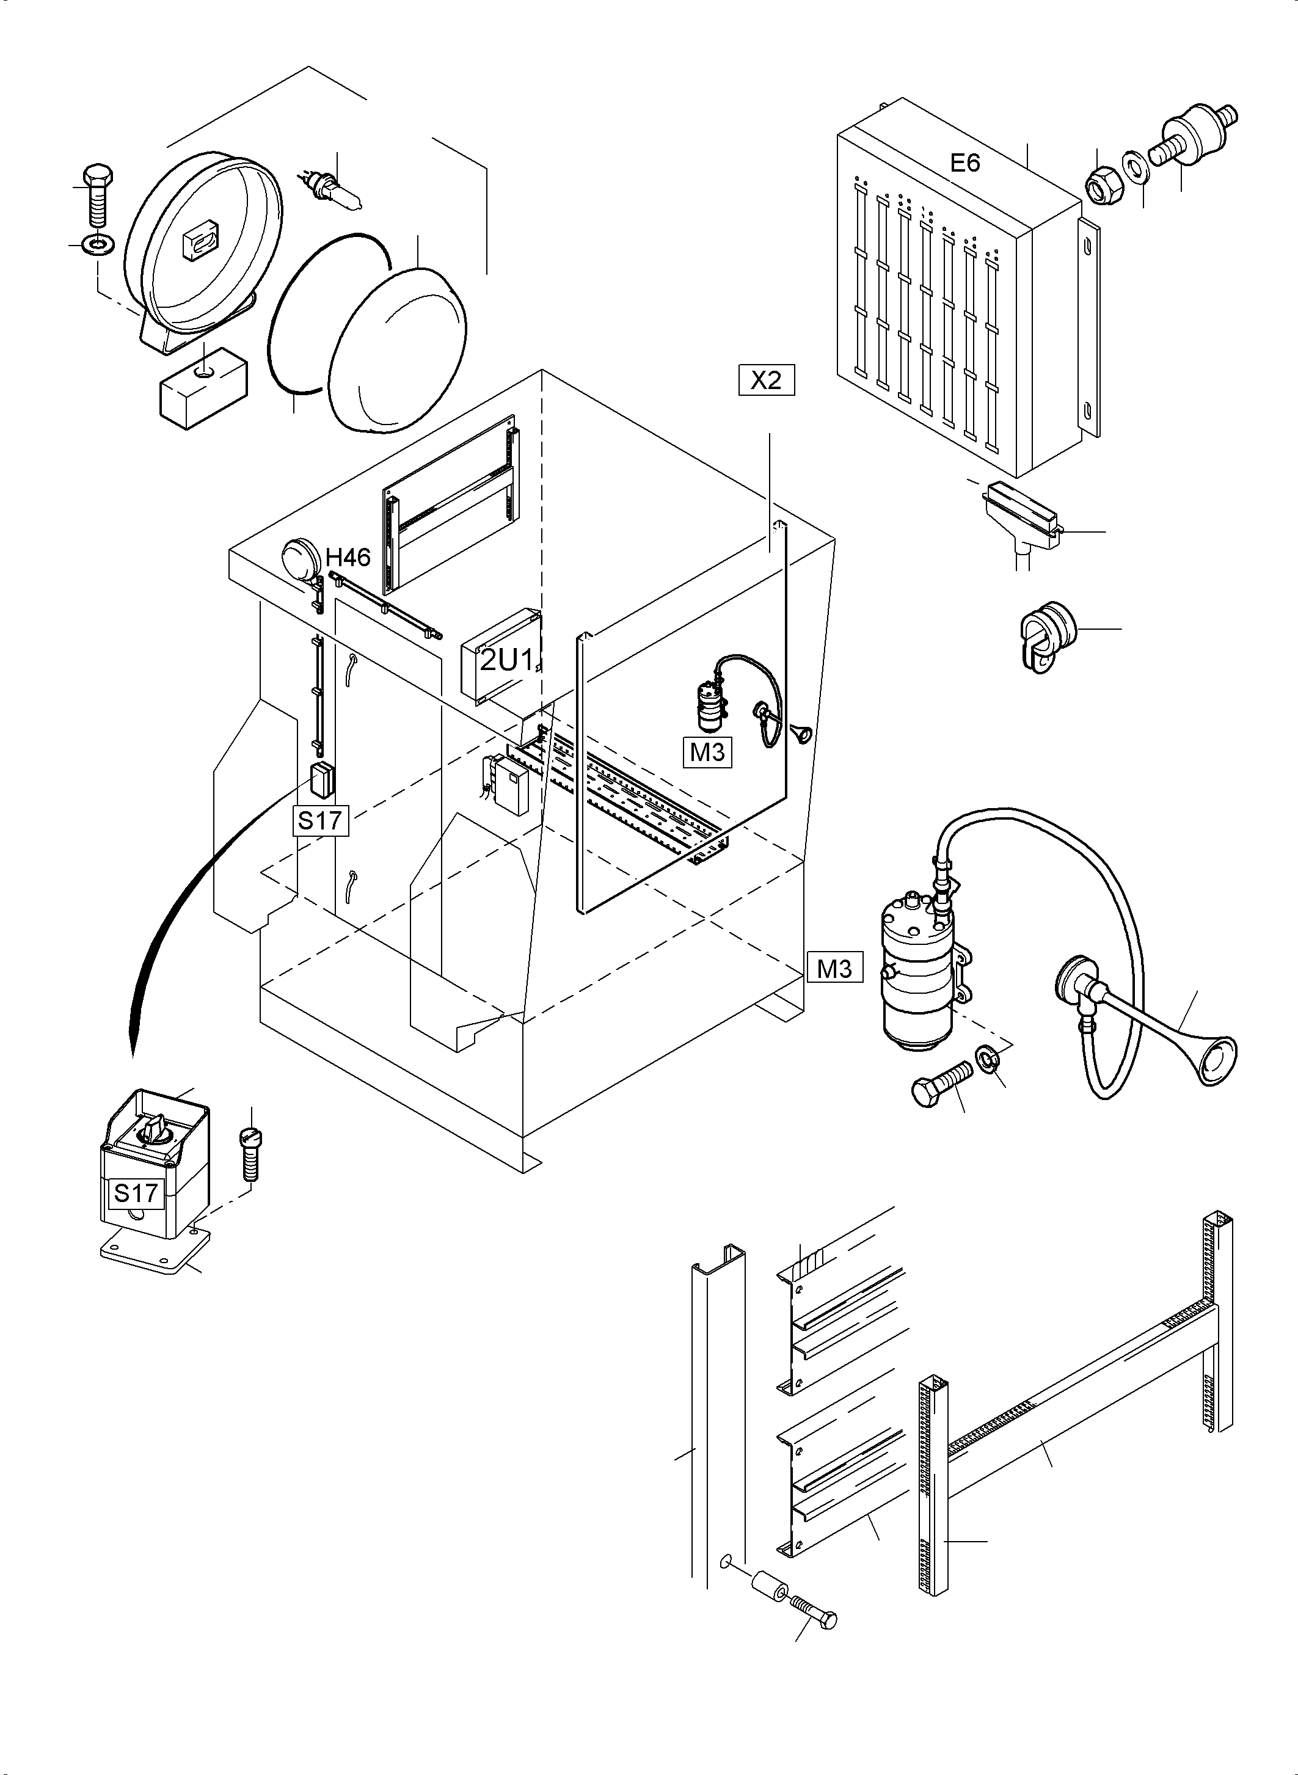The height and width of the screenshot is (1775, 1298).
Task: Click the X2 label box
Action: pos(766,381)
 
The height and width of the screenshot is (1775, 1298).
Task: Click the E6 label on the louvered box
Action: pos(965,164)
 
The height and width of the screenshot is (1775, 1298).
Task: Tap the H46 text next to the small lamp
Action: pos(348,558)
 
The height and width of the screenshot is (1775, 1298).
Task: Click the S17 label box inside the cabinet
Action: pos(320,820)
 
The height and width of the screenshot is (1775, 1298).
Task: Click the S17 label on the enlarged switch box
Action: pos(136,1193)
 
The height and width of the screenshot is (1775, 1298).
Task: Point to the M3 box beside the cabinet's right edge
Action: pos(834,968)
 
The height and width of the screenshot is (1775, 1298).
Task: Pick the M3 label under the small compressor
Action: pos(707,752)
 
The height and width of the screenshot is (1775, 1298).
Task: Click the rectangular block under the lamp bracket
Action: pos(203,387)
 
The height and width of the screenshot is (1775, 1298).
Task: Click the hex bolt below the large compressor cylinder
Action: pos(939,1084)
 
